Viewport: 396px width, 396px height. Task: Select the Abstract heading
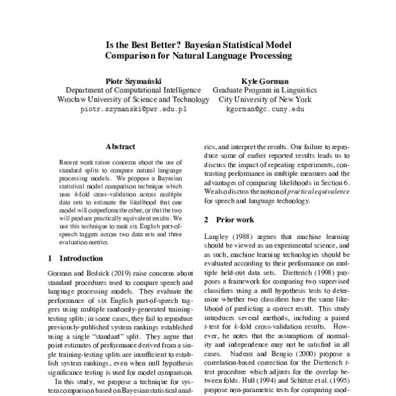[121, 147]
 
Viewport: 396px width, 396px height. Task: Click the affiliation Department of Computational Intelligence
[133, 89]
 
